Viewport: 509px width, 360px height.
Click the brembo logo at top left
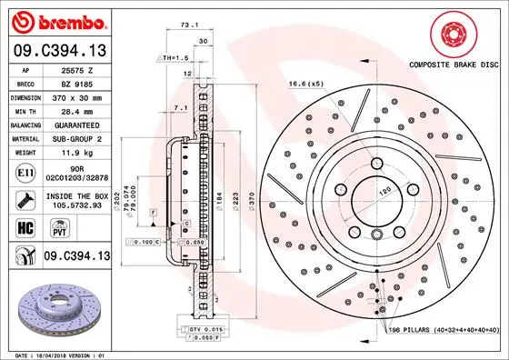[56, 20]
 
